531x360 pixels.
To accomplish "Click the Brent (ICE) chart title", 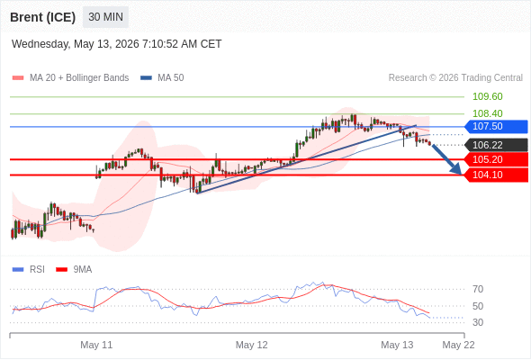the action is pos(42,17).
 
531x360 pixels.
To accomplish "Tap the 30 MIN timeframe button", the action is pos(105,17).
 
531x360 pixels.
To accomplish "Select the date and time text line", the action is pos(116,44).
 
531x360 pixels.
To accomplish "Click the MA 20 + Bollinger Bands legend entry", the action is pos(70,78).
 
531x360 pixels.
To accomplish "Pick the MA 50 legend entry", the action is pos(162,78).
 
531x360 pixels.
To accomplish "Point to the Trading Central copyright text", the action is pos(455,78).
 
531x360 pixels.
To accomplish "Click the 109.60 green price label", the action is pos(487,96).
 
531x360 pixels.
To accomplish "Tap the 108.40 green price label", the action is pos(487,113).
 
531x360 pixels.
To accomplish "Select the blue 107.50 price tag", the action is pos(496,127).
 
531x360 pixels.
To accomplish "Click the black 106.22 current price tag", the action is pos(496,145).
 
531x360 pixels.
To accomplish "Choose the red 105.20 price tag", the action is pos(496,159).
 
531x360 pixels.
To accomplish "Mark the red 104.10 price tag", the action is pos(496,175).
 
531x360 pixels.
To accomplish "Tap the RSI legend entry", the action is pos(29,270).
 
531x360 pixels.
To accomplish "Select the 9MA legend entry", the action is pos(74,270).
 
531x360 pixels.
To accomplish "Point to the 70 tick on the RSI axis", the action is pos(478,289).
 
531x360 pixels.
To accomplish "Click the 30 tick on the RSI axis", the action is pos(478,322).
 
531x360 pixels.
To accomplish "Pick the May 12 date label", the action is pos(252,345).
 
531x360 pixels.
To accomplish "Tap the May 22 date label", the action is pos(458,345).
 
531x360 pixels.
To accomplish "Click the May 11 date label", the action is pos(96,345).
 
